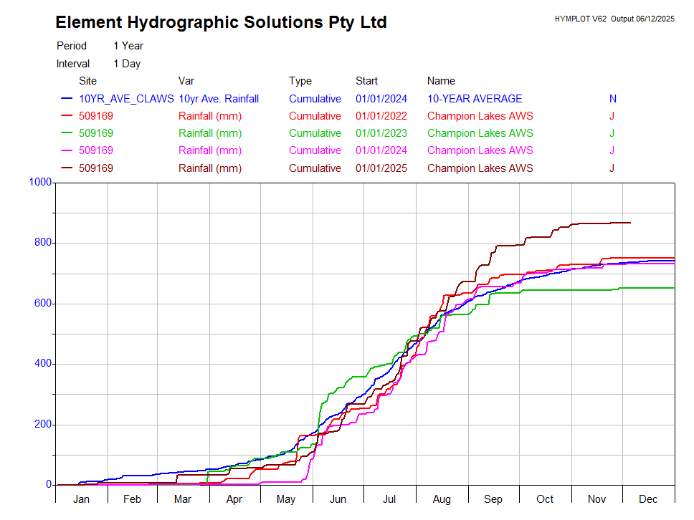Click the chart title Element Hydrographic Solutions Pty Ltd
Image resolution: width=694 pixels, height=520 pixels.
221,22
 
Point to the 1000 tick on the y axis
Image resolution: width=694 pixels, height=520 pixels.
40,182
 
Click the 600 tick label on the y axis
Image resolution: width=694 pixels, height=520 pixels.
43,303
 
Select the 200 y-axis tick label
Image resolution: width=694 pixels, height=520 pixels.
43,424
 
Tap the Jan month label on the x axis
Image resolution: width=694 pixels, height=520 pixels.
81,499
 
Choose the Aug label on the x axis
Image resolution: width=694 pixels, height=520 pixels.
442,499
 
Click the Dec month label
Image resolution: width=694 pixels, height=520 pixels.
648,499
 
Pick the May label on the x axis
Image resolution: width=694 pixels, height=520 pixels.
286,499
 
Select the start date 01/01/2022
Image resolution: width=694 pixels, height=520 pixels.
381,116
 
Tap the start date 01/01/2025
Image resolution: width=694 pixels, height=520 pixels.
381,168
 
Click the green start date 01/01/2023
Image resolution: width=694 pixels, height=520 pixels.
381,133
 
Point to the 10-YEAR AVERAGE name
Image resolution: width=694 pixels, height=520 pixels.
475,99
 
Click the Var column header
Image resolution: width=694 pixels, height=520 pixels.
186,81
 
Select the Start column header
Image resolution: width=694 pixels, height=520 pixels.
366,81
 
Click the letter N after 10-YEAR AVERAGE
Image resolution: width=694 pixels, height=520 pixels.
613,99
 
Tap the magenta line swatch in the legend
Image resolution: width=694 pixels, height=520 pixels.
67,151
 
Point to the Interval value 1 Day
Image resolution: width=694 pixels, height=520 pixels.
127,64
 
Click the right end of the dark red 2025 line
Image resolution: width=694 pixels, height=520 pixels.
630,223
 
